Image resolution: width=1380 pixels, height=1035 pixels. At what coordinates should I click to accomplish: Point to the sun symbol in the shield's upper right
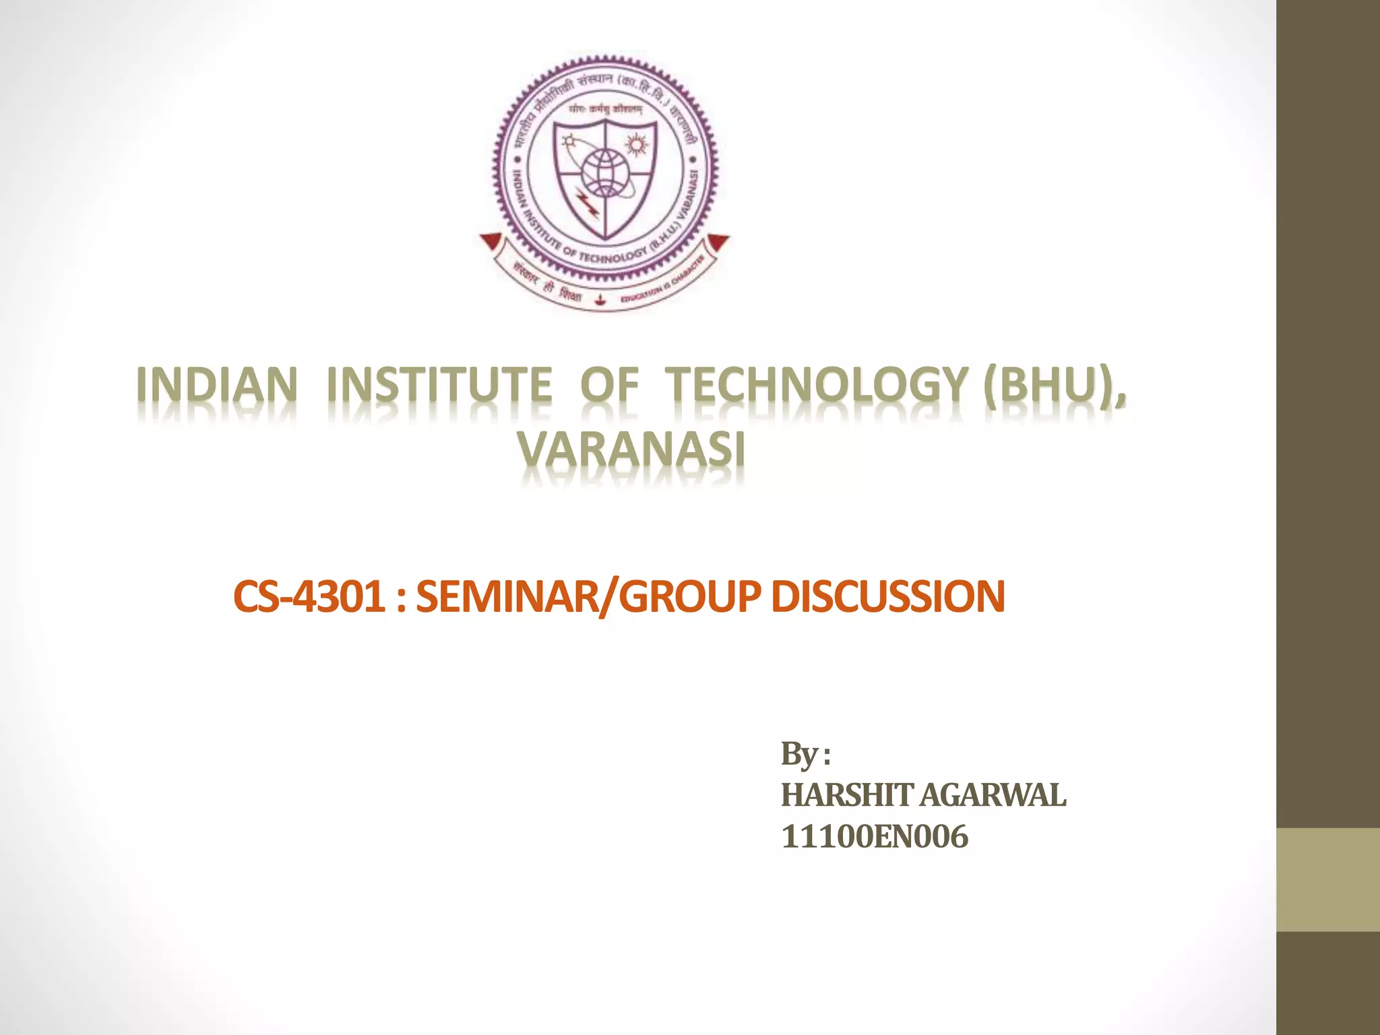635,145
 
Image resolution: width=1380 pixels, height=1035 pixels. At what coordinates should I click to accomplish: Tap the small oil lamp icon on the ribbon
601,299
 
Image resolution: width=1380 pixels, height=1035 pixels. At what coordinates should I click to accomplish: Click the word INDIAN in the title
217,385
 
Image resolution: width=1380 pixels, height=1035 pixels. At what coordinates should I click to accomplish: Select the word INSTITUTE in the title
439,385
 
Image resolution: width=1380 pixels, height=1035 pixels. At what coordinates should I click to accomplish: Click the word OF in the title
609,385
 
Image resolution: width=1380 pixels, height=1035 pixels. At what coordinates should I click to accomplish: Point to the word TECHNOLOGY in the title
817,385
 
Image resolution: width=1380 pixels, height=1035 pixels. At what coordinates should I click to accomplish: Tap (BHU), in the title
1054,385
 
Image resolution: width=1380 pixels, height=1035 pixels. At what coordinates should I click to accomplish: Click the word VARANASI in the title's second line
631,449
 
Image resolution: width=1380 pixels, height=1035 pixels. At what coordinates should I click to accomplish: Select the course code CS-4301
309,597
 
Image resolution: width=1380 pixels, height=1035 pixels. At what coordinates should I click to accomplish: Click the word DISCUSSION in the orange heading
887,597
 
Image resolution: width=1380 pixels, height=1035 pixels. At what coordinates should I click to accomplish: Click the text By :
805,755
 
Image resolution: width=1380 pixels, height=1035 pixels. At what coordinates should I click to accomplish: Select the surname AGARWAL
993,796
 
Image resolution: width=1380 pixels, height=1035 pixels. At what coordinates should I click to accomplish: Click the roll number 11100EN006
875,837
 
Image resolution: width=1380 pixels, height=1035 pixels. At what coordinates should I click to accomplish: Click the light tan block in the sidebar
1327,879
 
